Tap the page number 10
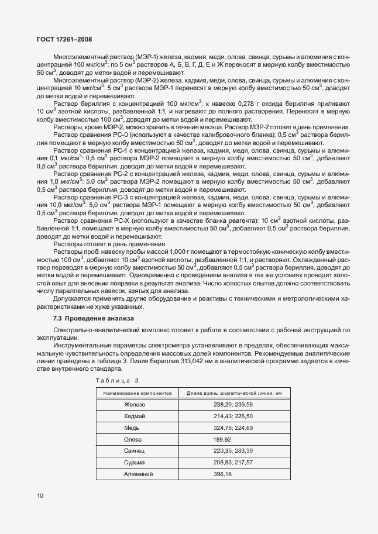tap(40, 496)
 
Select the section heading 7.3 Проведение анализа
tap(93, 318)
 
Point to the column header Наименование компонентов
tap(137, 393)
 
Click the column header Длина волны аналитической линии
tap(233, 393)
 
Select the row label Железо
tap(134, 404)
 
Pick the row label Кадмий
tap(134, 416)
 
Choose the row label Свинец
tap(134, 450)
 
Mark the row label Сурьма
tap(134, 462)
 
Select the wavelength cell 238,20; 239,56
tap(233, 404)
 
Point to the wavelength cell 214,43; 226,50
tap(233, 416)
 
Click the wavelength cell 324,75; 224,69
tap(233, 428)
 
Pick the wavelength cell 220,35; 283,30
tap(233, 450)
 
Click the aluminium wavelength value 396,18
tap(223, 474)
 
